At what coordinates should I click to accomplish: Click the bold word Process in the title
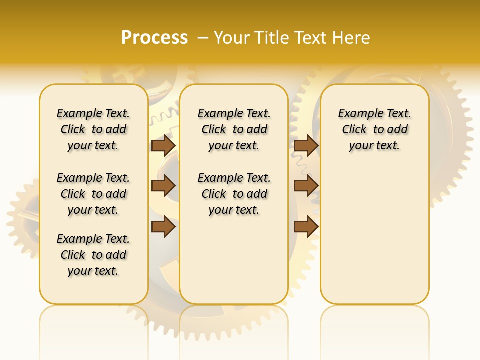(154, 38)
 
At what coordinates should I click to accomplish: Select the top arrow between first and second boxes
(163, 146)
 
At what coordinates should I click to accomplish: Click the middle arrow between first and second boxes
(163, 186)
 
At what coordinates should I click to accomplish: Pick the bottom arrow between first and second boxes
(163, 227)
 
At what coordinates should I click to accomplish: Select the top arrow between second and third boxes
(306, 146)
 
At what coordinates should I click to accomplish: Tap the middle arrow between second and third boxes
(306, 186)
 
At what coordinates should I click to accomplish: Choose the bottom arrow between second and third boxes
(306, 227)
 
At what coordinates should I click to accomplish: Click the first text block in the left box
(93, 129)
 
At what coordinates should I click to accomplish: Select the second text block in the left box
(93, 194)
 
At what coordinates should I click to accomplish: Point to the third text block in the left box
(93, 255)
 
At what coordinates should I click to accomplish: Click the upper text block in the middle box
(234, 129)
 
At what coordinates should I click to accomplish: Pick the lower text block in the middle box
(234, 194)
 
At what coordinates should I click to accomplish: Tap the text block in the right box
(375, 129)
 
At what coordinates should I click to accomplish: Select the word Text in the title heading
(310, 38)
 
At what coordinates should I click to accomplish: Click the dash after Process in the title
(203, 38)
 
